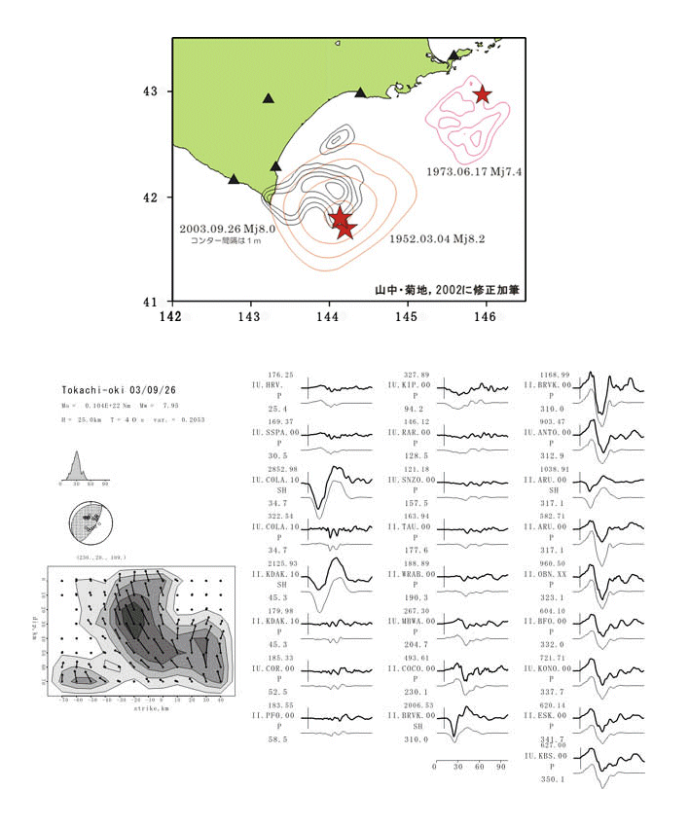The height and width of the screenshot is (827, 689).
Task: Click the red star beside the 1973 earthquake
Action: coord(482,94)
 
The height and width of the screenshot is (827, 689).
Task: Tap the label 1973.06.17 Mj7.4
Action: coord(476,171)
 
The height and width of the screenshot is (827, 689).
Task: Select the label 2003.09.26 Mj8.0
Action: coord(229,230)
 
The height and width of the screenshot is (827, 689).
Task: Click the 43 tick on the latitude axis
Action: coord(151,92)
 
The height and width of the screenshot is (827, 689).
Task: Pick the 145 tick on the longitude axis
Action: coord(407,316)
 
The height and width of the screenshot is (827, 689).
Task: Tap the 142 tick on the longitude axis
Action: coord(172,316)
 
